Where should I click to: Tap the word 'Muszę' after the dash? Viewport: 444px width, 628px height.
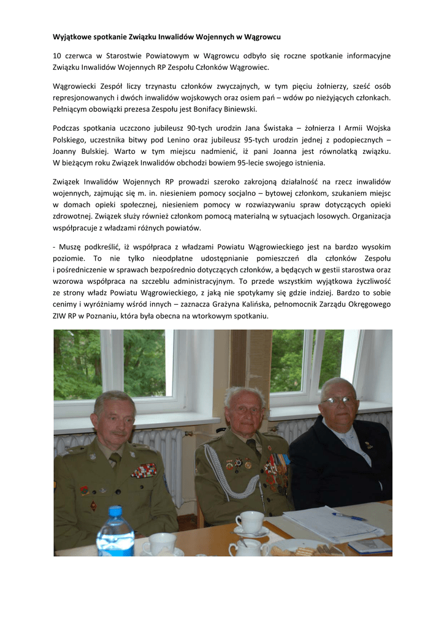(x=72, y=246)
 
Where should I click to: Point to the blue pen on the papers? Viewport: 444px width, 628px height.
(x=350, y=517)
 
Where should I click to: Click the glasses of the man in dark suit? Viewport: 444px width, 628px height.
(x=339, y=400)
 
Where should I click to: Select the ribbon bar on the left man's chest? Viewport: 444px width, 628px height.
(x=144, y=470)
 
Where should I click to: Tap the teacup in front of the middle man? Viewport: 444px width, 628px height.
(x=250, y=523)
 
